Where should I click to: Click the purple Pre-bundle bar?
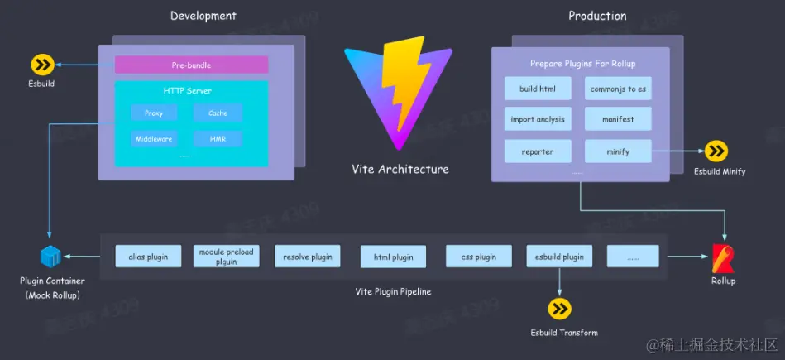191,65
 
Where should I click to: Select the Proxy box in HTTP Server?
153,113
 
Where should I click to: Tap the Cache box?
218,113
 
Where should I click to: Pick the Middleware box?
153,139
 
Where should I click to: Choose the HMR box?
218,139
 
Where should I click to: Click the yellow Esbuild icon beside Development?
41,65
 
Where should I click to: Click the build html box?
538,89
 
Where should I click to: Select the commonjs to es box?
618,89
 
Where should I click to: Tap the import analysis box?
538,119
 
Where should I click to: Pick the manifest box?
618,119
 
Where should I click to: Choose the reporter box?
538,151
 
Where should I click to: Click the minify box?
618,151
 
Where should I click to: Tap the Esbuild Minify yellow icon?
716,151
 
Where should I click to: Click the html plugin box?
393,257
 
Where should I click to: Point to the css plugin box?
478,257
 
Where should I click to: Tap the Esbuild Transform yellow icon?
560,310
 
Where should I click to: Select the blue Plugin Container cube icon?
50,257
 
